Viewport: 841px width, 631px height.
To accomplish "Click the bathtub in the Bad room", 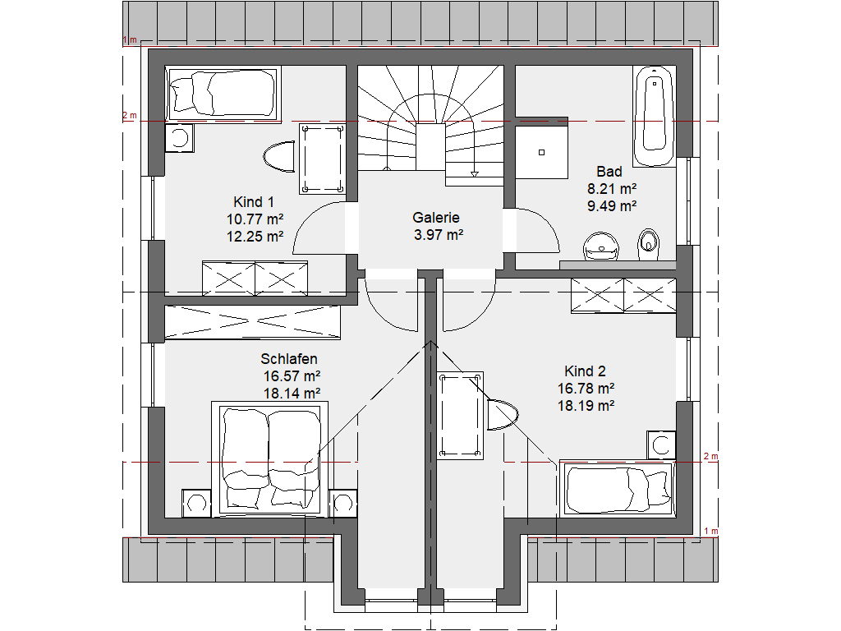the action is pos(653,115).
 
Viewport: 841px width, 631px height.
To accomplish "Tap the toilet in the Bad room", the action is pos(649,245).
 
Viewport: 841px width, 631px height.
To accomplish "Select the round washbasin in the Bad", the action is pos(600,246).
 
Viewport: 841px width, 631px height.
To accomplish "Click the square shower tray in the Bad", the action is pos(542,152).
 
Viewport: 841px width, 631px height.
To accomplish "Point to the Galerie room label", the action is pos(436,217).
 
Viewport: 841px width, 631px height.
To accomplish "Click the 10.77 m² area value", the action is pos(255,219).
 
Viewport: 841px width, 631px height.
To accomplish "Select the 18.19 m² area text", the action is pos(586,405).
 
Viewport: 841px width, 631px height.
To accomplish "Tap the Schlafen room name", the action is pos(289,358).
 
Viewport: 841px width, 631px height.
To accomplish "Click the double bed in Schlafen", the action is pos(269,459).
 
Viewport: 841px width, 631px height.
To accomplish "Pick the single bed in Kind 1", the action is pos(223,94).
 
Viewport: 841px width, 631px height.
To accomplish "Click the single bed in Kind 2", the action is pos(617,489).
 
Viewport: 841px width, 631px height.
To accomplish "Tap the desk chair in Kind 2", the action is pos(503,415).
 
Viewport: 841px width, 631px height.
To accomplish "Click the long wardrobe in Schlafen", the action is pos(253,322).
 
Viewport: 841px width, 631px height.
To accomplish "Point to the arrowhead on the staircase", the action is pos(474,174).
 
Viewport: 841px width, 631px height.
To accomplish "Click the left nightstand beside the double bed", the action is pos(196,504).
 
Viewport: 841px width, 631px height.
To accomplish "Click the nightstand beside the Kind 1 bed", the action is pos(180,137).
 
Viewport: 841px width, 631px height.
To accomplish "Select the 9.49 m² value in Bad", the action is pos(612,205).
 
